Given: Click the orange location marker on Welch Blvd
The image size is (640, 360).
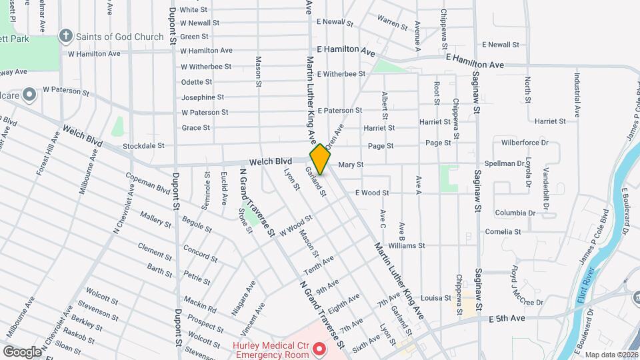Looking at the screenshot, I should click(320, 159).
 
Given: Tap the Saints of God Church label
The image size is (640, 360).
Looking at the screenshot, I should click(119, 36).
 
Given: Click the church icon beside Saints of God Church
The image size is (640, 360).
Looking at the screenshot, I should click(66, 36).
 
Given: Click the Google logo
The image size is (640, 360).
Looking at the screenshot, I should click(22, 351).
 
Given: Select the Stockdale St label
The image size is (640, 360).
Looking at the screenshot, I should click(143, 145).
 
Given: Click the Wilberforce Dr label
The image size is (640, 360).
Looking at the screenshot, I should click(525, 142).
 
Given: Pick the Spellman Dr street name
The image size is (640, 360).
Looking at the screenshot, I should click(525, 163).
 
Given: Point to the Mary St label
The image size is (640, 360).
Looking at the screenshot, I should click(351, 164).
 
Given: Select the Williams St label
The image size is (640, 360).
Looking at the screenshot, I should click(406, 245).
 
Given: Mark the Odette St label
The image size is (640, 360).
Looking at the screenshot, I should click(197, 82).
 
